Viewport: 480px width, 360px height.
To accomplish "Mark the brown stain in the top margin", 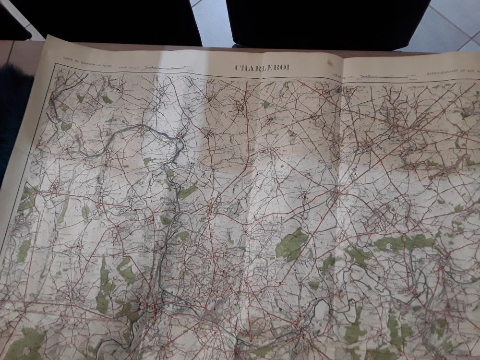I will [x=329, y=62].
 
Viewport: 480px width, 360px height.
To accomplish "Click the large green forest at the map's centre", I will [x=291, y=245].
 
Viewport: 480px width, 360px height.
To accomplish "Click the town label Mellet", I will [x=281, y=150].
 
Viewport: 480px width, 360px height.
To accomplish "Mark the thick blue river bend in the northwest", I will [x=144, y=130].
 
